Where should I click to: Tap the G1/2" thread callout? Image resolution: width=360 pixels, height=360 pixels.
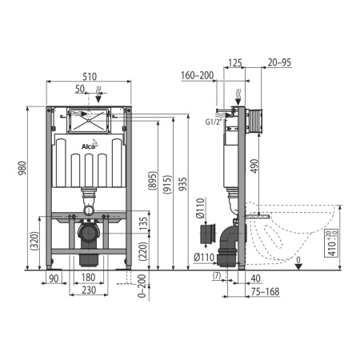pyautogui.click(x=214, y=122)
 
